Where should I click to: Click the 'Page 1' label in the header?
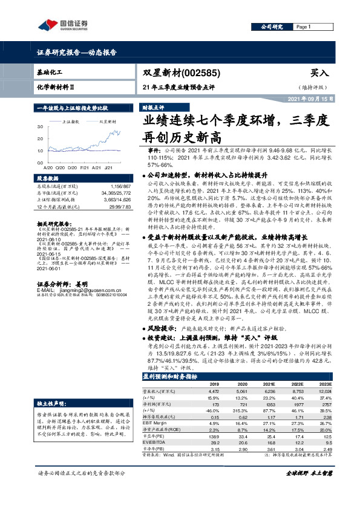point(303,27)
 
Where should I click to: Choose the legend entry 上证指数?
point(73,122)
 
